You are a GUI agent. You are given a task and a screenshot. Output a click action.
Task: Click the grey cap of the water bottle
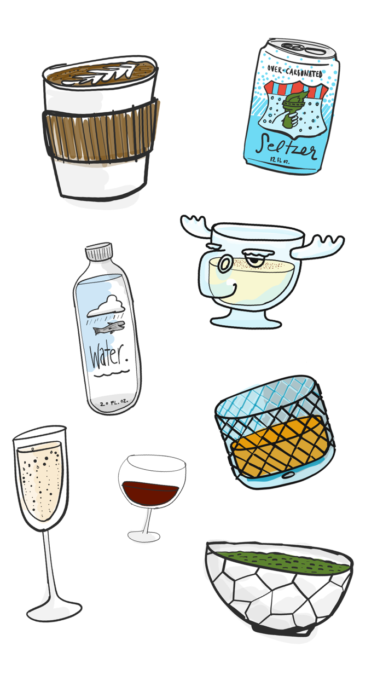pyautogui.click(x=99, y=253)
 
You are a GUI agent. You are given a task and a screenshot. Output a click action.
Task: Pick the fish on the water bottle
pyautogui.click(x=109, y=328)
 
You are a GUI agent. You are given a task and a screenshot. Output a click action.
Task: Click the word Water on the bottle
pyautogui.click(x=108, y=356)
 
